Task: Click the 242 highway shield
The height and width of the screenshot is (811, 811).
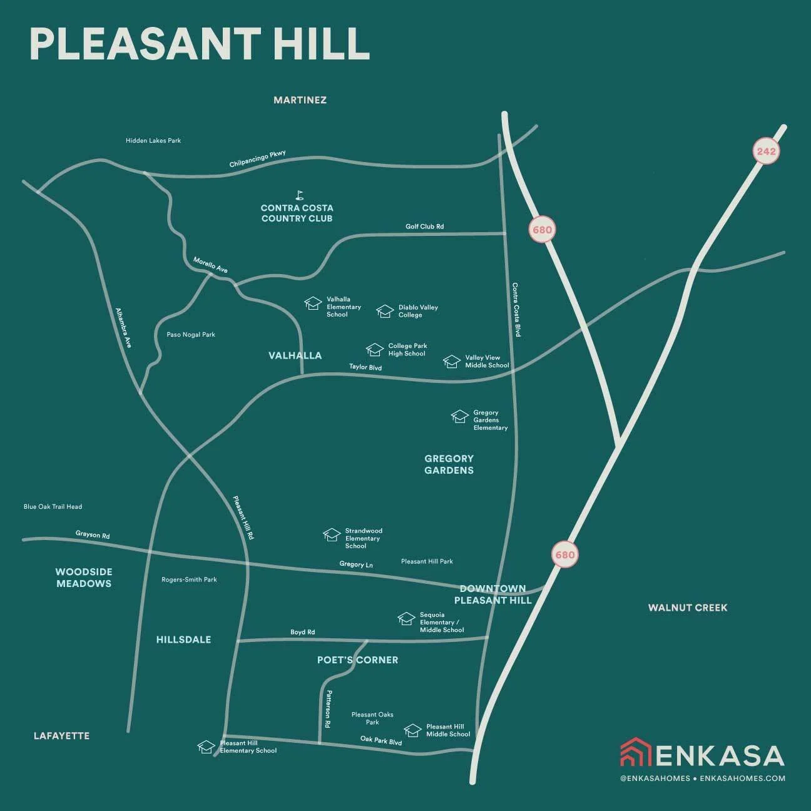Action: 765,151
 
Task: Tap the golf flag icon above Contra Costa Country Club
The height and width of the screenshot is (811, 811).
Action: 299,195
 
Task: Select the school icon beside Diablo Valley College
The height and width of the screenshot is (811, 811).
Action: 385,311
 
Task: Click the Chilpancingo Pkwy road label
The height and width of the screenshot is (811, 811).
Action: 257,159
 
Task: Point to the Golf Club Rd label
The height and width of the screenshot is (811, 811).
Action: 424,227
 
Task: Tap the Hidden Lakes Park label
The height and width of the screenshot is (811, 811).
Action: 153,141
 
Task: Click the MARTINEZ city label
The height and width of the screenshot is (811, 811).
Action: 300,100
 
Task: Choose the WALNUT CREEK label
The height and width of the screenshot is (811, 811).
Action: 688,608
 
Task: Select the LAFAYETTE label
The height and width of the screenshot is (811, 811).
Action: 61,736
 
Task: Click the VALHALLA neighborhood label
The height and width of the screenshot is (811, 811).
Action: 295,355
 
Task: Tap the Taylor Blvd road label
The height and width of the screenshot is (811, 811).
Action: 365,367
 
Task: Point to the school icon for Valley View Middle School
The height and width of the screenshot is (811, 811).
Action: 452,362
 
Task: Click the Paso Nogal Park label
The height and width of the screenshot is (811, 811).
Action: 191,335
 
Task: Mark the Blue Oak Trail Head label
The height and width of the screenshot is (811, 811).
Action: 53,507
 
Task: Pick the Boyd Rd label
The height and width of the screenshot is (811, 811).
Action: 302,632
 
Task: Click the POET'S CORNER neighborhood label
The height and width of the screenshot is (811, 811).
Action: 357,660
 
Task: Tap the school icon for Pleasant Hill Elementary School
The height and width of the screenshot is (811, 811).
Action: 207,747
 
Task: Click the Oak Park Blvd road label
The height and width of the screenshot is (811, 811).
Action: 381,740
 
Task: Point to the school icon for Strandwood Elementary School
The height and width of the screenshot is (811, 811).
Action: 332,535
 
